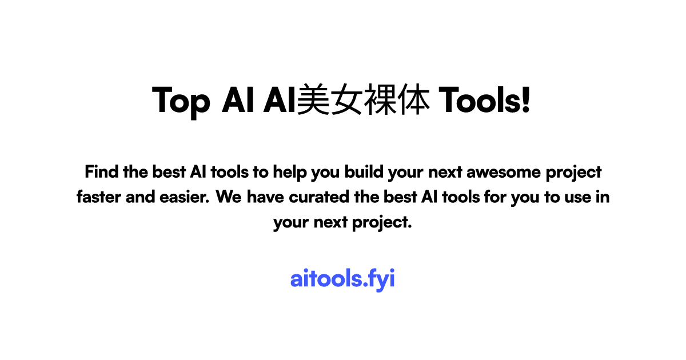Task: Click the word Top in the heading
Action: [x=181, y=101]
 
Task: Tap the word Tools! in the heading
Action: [x=485, y=101]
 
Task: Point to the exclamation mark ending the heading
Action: [x=526, y=101]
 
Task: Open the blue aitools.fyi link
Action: [x=342, y=279]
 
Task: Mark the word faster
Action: [x=98, y=197]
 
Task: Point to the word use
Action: [x=579, y=197]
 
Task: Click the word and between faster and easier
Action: [x=139, y=197]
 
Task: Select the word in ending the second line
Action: [x=604, y=197]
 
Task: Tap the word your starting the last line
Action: [x=291, y=223]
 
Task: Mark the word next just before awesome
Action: [x=441, y=171]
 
